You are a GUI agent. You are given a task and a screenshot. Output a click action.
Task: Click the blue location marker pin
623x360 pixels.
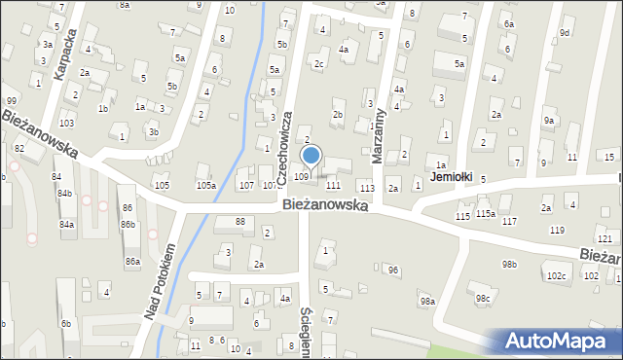(311, 156)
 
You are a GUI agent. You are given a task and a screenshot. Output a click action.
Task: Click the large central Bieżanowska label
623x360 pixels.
(324, 205)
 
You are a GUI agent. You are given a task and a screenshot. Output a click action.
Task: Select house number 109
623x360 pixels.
(302, 176)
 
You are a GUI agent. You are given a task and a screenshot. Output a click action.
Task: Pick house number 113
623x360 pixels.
(367, 187)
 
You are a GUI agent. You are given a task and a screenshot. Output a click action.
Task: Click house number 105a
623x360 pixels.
(205, 185)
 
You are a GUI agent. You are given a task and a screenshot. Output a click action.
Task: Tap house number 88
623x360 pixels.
(240, 222)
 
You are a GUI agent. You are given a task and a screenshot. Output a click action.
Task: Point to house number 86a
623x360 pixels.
(131, 262)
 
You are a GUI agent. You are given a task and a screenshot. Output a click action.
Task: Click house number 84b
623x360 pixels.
(64, 193)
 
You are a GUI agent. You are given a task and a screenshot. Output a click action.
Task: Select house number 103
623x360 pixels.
(66, 124)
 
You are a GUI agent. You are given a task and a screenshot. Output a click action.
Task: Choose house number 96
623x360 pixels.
(393, 270)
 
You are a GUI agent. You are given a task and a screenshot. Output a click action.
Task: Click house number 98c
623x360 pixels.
(482, 298)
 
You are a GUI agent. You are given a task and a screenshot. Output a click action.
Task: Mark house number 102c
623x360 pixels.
(556, 276)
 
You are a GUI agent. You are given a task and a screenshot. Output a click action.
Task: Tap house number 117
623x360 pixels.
(509, 222)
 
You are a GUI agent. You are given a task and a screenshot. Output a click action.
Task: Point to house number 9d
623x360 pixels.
(565, 33)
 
